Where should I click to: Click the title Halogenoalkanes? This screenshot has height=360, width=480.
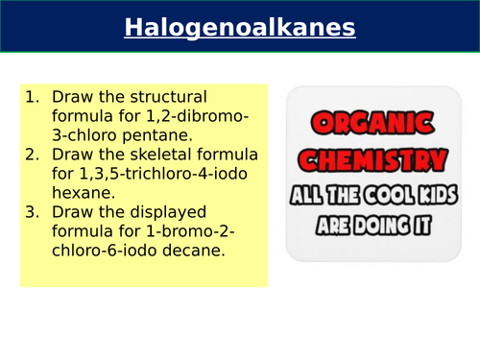(x=240, y=28)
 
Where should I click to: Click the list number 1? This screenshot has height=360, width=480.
(x=32, y=97)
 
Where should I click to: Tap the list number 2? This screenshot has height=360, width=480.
(x=32, y=156)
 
